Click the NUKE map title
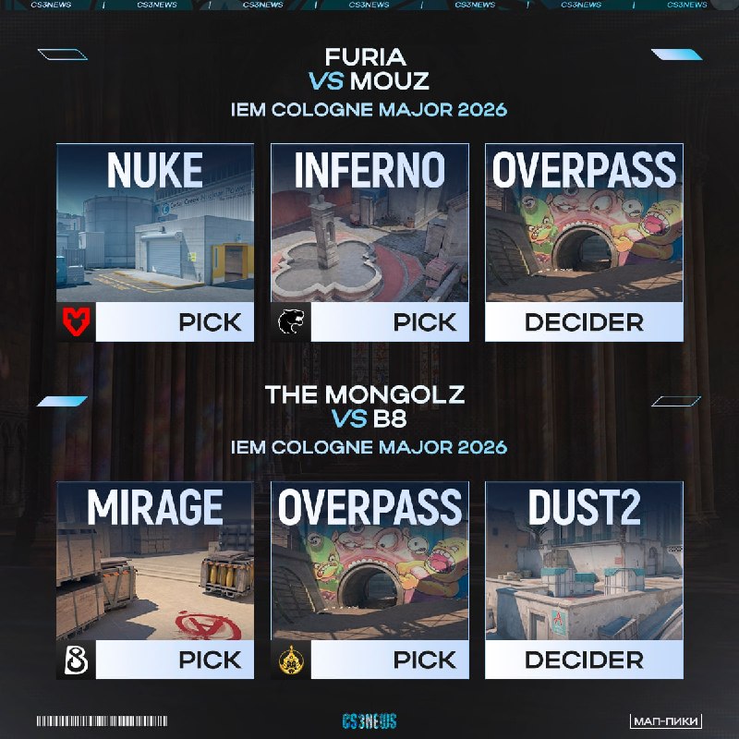pos(155,170)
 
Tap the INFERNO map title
pos(370,170)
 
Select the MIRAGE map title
pos(155,507)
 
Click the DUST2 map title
pos(585,507)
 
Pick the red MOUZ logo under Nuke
pos(76,321)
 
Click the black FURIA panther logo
pos(291,322)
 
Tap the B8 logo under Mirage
pos(76,660)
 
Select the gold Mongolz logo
pos(291,660)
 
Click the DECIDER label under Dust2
pos(585,660)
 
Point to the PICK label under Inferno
pos(425,322)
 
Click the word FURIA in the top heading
pos(365,57)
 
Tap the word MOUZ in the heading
pos(389,81)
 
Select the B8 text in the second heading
pos(390,418)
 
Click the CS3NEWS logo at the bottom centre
pos(369,721)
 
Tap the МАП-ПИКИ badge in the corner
pos(665,721)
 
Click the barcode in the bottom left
pos(102,721)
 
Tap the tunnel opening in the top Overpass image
pos(584,249)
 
